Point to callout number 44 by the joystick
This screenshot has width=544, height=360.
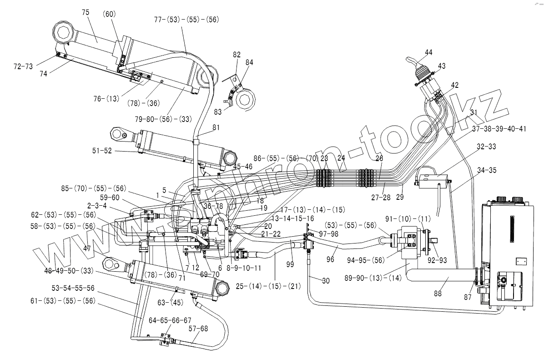[x=429, y=53]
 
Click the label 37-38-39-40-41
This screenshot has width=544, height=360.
[x=499, y=129]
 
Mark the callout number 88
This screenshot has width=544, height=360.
[x=438, y=294]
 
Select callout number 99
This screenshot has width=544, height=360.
[x=290, y=264]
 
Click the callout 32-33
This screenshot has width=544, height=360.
[x=486, y=147]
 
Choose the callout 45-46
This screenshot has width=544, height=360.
[x=242, y=167]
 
